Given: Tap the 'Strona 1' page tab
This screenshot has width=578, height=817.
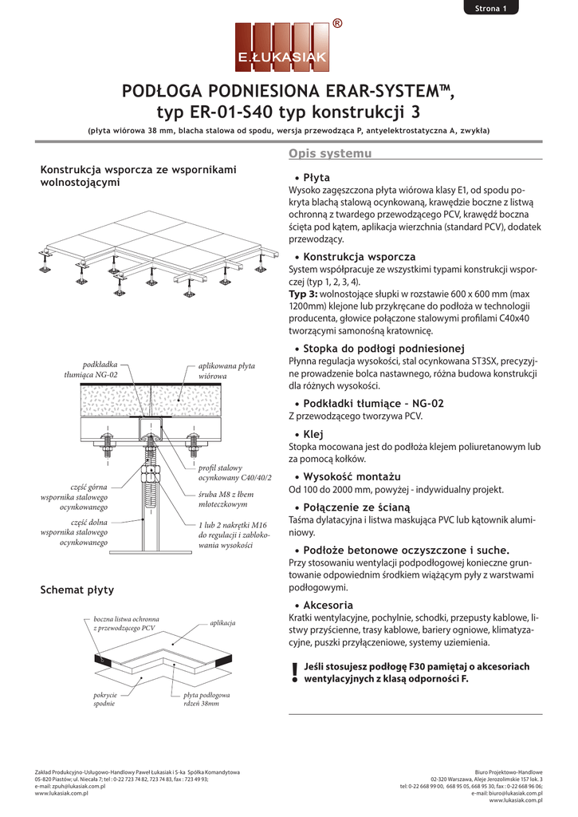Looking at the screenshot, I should (x=490, y=9).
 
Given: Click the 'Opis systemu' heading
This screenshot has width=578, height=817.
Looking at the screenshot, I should (x=318, y=153).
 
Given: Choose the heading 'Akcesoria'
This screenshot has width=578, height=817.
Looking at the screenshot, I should (x=328, y=605).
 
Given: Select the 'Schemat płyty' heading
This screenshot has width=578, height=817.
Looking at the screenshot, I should (x=77, y=590).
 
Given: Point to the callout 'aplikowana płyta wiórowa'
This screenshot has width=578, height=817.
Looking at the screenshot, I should (x=226, y=370).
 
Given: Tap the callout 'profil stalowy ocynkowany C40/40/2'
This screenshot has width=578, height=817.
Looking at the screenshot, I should (x=234, y=472).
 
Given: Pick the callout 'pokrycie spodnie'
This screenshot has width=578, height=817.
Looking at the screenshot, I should (x=104, y=700).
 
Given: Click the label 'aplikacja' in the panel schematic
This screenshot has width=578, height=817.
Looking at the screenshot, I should (x=222, y=622).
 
